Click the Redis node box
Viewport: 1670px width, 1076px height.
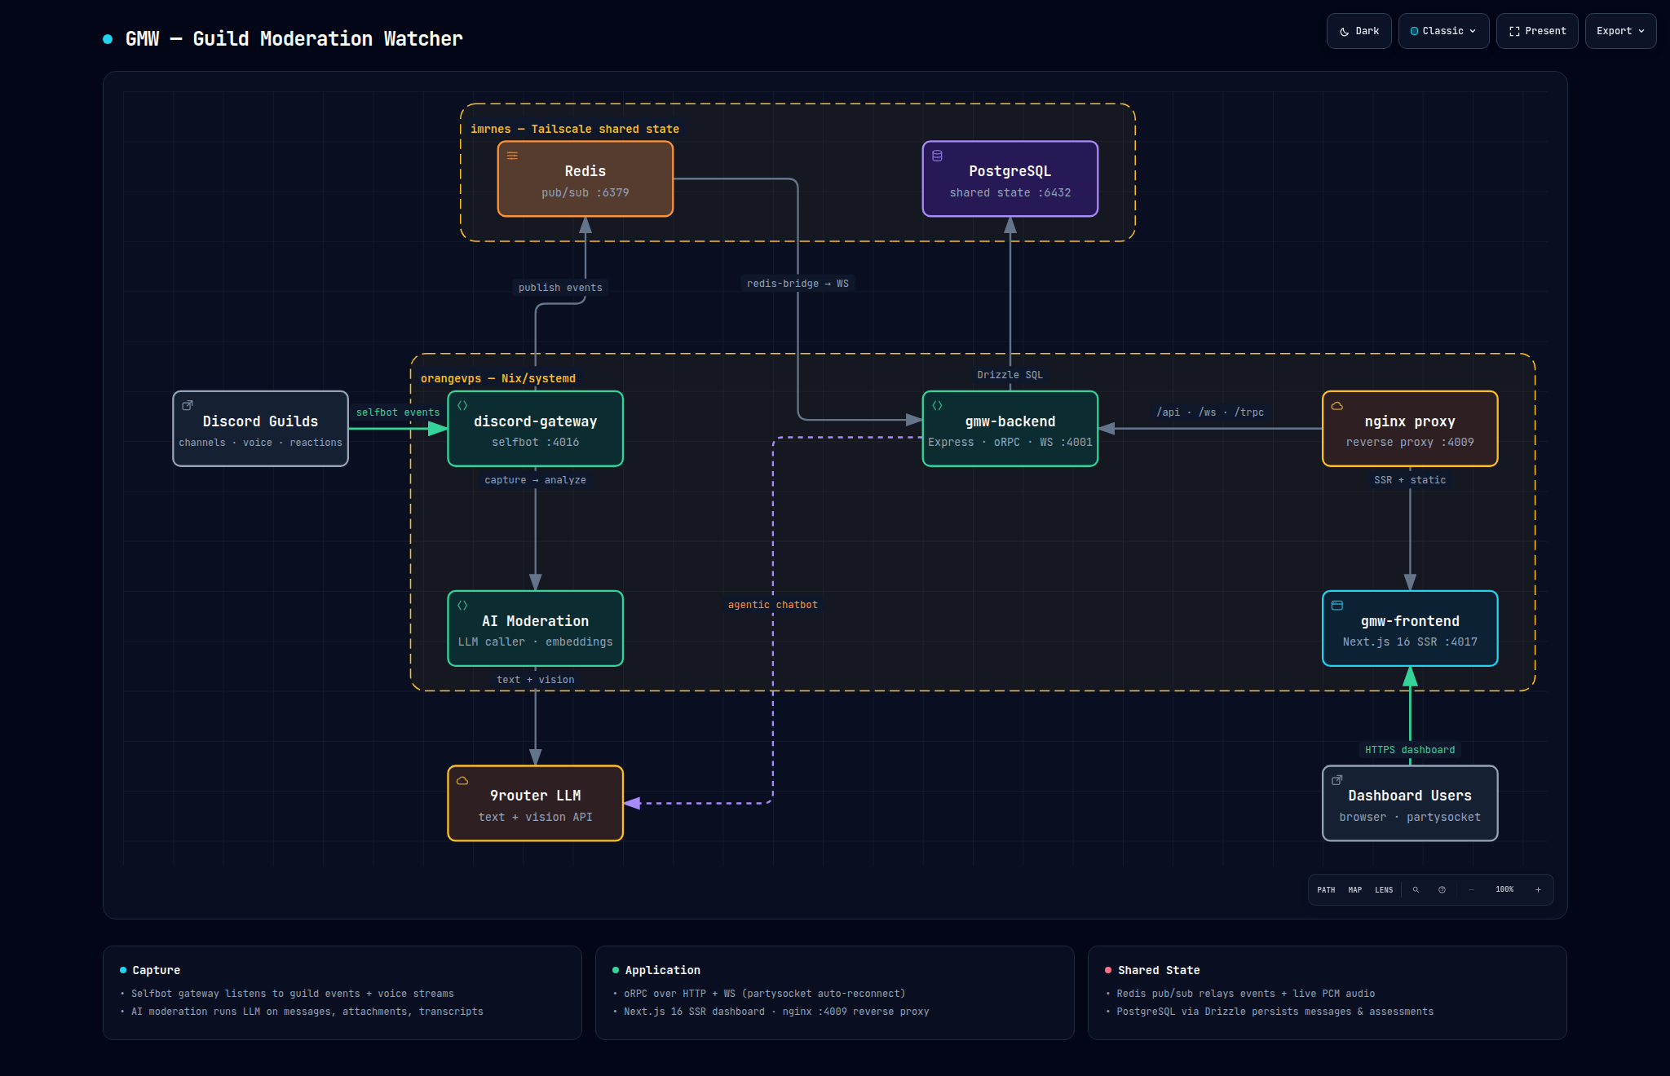pos(585,179)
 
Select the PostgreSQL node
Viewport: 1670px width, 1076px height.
pos(1010,179)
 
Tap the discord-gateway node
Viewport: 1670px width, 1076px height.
pos(536,429)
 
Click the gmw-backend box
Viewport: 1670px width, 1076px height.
pos(1010,429)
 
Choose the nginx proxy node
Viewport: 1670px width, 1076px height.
pos(1410,429)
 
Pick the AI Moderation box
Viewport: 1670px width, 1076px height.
pos(536,628)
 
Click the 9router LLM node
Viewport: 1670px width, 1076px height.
pos(536,803)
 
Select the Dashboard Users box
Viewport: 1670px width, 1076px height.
pos(1410,803)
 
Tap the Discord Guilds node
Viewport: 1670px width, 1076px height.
pos(261,429)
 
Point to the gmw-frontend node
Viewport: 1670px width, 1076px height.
pos(1410,628)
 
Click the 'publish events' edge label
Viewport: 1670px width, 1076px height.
pos(560,288)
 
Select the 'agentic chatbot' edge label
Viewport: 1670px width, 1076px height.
pos(772,605)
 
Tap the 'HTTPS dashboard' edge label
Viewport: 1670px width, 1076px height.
pos(1410,750)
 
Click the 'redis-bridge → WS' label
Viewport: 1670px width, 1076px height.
pos(797,284)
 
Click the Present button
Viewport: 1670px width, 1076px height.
pos(1537,31)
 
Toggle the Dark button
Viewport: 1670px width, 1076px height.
pos(1359,31)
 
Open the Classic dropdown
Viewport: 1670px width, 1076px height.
pos(1443,31)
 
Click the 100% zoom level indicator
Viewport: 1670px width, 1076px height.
pos(1504,889)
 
